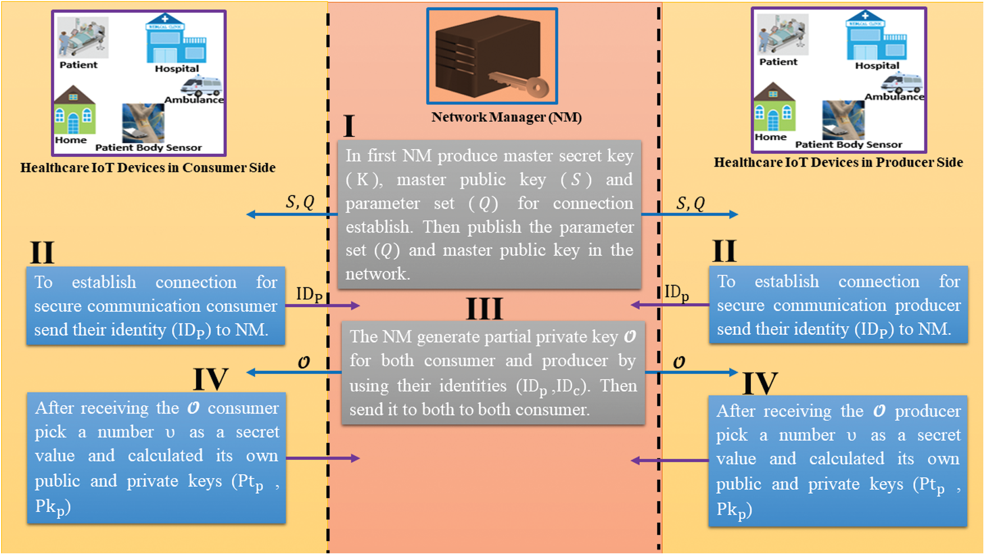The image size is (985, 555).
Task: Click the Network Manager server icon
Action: coord(492,56)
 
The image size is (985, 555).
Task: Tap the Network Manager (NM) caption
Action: coord(506,117)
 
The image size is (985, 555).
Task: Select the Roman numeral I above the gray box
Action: coord(349,126)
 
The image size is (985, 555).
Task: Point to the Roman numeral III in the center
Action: coord(484,309)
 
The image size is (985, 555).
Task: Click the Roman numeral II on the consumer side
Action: coord(42,253)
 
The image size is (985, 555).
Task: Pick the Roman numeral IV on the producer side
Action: coord(760,383)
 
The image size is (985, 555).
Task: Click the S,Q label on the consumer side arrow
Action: coord(300,201)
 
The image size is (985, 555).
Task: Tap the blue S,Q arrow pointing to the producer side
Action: coord(690,214)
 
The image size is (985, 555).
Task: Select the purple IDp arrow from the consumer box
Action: coord(322,306)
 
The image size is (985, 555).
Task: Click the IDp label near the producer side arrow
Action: coord(676,293)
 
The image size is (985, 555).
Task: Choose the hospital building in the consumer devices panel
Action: coord(176,39)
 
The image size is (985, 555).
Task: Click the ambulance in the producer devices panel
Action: coord(901,82)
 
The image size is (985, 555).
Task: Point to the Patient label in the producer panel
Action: coord(778,62)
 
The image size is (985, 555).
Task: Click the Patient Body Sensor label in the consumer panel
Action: coord(148,148)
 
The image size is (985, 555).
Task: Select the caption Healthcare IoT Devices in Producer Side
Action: coord(838,163)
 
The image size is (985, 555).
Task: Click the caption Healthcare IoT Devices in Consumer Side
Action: coord(148,168)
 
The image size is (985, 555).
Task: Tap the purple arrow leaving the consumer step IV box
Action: coord(322,458)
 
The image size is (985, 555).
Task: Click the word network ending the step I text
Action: coord(377,274)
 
